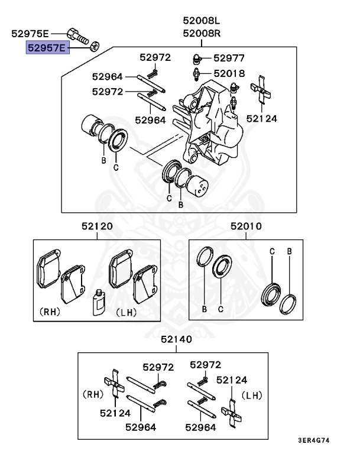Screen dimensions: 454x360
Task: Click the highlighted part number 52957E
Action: click(47, 47)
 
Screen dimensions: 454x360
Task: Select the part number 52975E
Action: click(31, 34)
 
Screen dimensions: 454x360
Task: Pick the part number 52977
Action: click(229, 58)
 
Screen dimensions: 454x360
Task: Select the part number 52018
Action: click(229, 73)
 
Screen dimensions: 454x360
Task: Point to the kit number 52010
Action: click(246, 226)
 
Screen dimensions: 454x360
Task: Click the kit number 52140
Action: click(176, 340)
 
